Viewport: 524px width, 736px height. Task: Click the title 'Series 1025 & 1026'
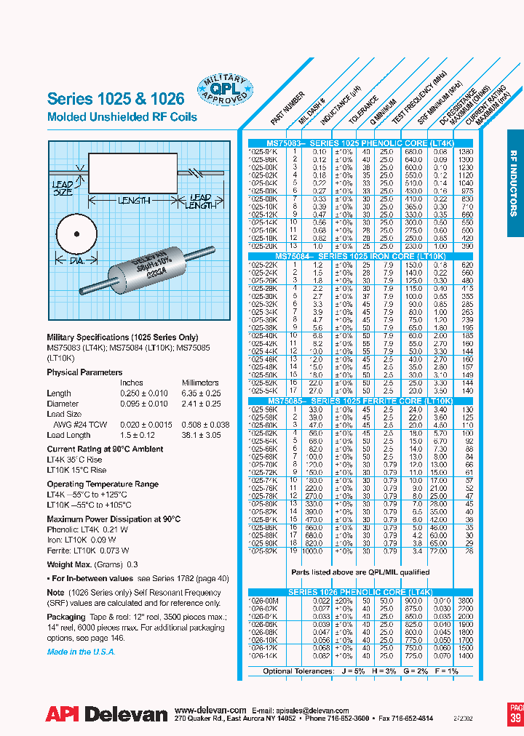[115, 99]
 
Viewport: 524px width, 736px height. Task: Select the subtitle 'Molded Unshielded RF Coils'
[122, 117]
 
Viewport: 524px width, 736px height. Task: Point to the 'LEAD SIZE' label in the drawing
[63, 189]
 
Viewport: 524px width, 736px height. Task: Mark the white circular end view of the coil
[75, 234]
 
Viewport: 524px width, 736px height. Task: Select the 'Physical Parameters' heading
[84, 372]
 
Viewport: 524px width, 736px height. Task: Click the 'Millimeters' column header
[200, 383]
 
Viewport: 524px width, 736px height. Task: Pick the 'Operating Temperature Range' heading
[102, 484]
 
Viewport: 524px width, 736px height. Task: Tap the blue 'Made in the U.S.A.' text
[81, 652]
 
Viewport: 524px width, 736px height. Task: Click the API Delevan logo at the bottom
[106, 714]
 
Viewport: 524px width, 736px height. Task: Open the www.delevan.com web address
[210, 710]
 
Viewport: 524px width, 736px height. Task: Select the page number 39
[515, 719]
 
